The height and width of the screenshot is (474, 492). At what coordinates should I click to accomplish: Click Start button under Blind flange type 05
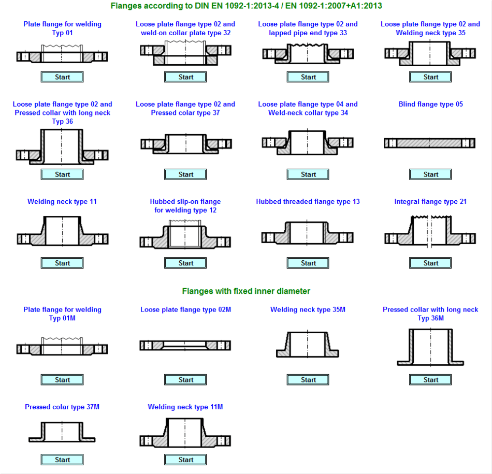(430, 174)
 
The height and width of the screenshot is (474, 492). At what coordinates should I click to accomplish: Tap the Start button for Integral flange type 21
(430, 263)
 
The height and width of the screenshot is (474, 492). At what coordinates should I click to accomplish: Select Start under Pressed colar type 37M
(62, 460)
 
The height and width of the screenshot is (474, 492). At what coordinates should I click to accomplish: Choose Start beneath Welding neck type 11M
(185, 460)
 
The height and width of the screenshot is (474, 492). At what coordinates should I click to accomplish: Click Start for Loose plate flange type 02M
(185, 380)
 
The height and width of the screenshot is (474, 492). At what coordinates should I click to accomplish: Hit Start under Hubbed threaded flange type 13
(308, 263)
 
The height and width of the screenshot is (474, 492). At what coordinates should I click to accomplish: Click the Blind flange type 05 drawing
(430, 143)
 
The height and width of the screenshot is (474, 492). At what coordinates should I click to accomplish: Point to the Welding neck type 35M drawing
(308, 344)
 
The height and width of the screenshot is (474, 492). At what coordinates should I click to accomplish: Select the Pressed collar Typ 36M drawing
(430, 347)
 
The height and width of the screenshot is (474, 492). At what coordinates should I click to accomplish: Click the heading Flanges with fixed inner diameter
(246, 291)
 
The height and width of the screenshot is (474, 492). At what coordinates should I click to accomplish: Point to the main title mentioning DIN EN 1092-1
(247, 6)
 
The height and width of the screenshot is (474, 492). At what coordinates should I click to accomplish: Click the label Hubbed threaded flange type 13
(308, 202)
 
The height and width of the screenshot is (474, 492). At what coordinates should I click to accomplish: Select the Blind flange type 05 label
(430, 104)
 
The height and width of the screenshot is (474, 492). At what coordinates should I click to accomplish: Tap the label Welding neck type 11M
(185, 407)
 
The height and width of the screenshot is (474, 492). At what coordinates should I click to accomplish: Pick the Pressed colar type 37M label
(62, 407)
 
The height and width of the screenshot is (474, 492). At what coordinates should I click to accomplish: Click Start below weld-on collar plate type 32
(185, 77)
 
